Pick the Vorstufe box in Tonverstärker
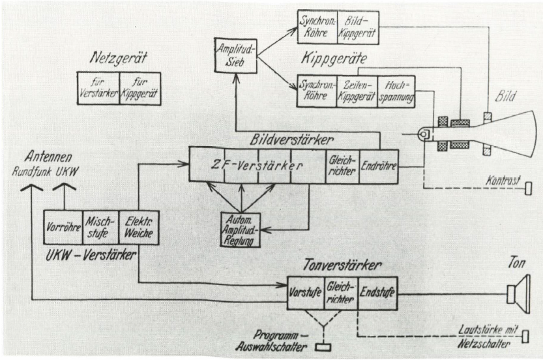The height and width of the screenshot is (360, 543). point(305,292)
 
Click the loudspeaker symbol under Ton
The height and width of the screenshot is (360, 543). point(519,293)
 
